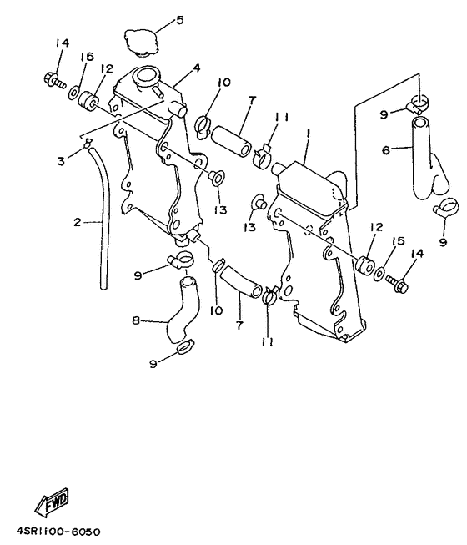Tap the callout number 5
tap(178, 19)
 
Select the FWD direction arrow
tap(52, 504)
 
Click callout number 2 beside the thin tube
tap(78, 223)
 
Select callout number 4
tap(196, 68)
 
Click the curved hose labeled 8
tap(182, 313)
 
